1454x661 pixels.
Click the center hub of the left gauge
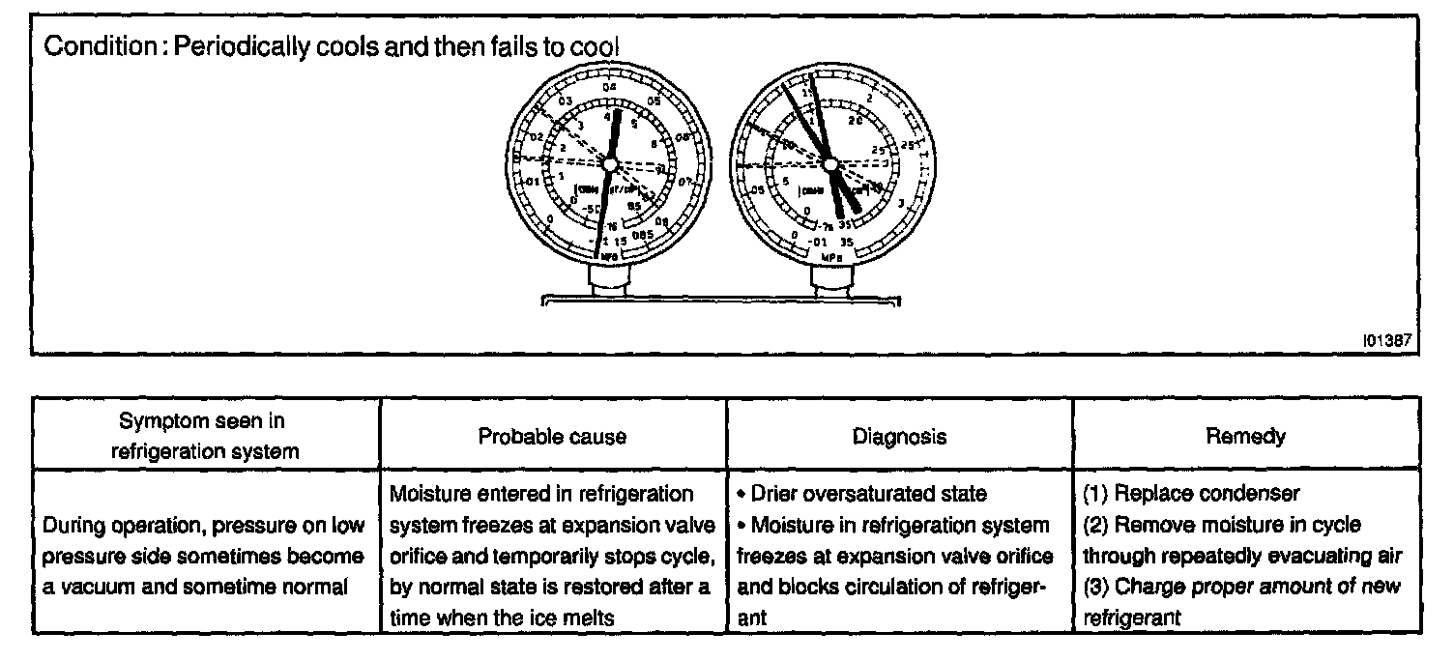[609, 165]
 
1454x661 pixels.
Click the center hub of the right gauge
[830, 166]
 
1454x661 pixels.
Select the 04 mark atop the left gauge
[609, 88]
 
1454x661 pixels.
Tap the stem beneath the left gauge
[610, 282]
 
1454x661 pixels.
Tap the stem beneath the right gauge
[830, 282]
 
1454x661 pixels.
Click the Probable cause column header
[552, 437]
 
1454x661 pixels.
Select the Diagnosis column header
[899, 437]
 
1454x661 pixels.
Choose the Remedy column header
[1259, 437]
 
